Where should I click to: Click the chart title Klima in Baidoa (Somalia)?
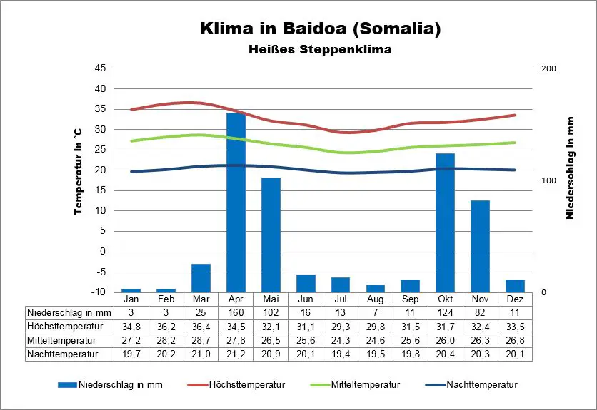(319, 30)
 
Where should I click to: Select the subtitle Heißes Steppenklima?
(320, 50)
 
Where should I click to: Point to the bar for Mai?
(271, 235)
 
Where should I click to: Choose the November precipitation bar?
(480, 246)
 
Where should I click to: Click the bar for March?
(201, 277)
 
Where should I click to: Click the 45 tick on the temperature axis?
(100, 68)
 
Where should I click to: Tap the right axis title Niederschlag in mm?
(571, 168)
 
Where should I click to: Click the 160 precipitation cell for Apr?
(236, 312)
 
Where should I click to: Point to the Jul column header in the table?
(341, 299)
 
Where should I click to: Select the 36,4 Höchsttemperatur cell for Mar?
(201, 326)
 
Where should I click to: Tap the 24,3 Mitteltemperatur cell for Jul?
(341, 339)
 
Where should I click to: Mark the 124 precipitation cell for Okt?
(445, 312)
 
